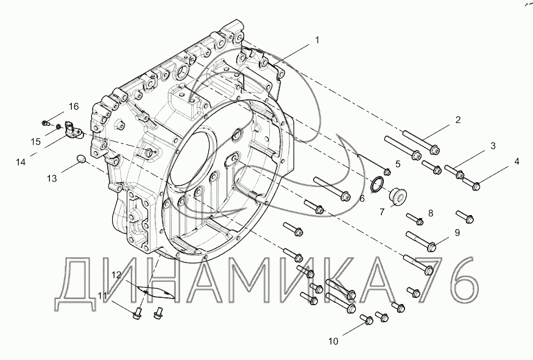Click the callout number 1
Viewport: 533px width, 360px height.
pyautogui.click(x=317, y=40)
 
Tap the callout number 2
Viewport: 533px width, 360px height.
pyautogui.click(x=458, y=119)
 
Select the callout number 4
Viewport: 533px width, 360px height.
pyautogui.click(x=517, y=161)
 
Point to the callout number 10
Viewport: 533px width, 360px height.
pyautogui.click(x=333, y=341)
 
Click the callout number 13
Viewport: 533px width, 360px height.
pyautogui.click(x=52, y=178)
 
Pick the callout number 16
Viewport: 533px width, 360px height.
pyautogui.click(x=74, y=107)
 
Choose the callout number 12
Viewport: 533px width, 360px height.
pyautogui.click(x=116, y=275)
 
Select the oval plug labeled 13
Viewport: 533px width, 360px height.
pyautogui.click(x=81, y=158)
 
